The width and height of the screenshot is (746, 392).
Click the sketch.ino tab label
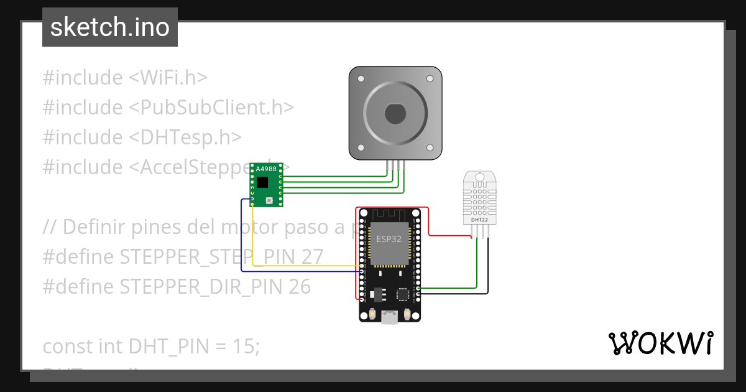tap(110, 27)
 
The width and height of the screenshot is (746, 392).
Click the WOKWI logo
tap(660, 343)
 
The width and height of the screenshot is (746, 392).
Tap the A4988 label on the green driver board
tap(266, 169)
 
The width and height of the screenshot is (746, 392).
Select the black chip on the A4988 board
tap(263, 182)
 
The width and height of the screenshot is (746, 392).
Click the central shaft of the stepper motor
tap(395, 114)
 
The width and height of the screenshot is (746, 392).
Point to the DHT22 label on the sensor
tap(479, 220)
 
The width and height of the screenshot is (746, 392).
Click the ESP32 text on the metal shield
tap(390, 238)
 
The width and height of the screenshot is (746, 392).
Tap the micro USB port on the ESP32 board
tap(390, 317)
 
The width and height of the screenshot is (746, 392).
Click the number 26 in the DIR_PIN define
tap(298, 287)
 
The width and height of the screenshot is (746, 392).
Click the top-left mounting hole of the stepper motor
tap(360, 79)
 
